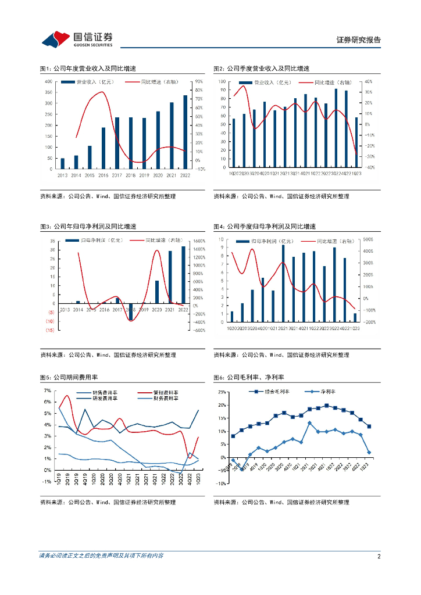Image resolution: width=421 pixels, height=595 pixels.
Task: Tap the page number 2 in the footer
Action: tap(379, 556)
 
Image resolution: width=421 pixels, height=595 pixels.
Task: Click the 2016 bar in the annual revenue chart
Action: tap(104, 148)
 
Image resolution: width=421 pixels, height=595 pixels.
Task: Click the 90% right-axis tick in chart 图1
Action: tap(198, 81)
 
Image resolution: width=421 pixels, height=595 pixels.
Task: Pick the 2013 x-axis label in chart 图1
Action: tap(62, 174)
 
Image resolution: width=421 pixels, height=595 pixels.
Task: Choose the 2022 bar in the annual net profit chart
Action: tap(184, 275)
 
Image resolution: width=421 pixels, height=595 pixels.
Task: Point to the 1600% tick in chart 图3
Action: tap(199, 241)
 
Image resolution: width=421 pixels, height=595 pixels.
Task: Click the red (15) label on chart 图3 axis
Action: tap(51, 330)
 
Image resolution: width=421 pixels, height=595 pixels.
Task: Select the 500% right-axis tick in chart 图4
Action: tap(368, 239)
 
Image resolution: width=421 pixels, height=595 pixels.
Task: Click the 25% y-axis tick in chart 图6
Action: tap(222, 392)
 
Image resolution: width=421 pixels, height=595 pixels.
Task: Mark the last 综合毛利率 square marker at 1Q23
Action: tap(369, 426)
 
